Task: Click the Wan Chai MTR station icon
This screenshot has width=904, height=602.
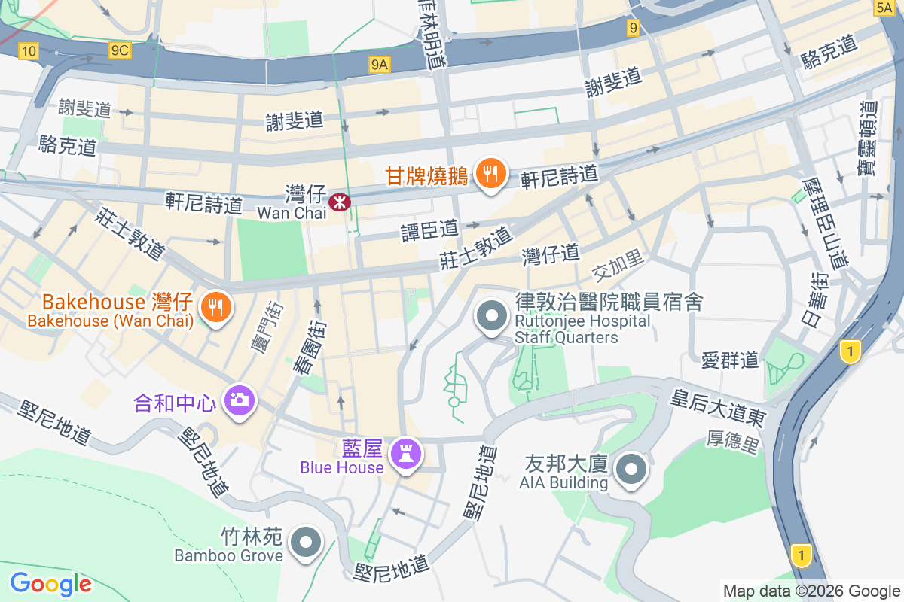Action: click(339, 202)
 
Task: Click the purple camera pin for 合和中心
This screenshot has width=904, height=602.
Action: click(239, 400)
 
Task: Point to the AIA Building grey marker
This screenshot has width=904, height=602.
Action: click(631, 470)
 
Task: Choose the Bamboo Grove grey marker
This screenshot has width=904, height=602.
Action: click(306, 542)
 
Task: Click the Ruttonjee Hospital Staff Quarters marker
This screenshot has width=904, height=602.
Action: click(492, 317)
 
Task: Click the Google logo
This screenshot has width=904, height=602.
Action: click(50, 583)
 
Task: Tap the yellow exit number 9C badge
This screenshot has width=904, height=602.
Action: click(119, 50)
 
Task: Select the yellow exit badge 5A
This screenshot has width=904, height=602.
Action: click(884, 8)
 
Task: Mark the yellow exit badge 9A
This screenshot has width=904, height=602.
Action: click(380, 65)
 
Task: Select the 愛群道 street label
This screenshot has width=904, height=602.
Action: click(729, 360)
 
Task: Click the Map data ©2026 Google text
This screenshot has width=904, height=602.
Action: click(811, 591)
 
